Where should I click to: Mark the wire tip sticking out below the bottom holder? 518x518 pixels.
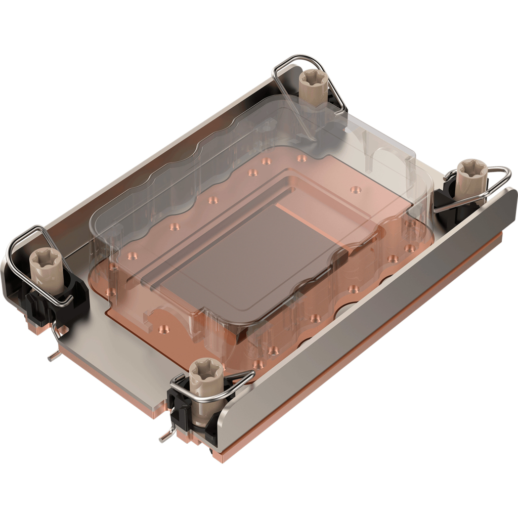pyautogui.click(x=165, y=437)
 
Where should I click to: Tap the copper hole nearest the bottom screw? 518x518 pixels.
pyautogui.click(x=258, y=363)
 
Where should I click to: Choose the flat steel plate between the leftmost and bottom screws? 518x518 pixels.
pyautogui.click(x=116, y=354)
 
